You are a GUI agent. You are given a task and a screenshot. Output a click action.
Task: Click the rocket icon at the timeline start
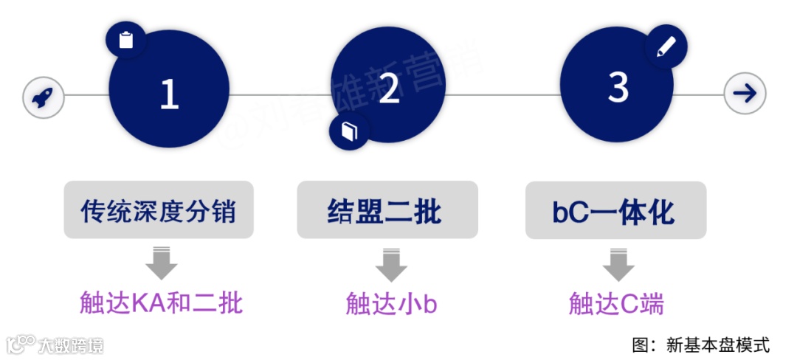44,96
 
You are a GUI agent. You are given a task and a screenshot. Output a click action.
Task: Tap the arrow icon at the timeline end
745,94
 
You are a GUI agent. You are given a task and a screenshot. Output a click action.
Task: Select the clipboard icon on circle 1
126,39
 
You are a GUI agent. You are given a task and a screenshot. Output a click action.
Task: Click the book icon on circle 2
349,131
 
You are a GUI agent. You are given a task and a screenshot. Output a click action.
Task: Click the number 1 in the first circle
170,94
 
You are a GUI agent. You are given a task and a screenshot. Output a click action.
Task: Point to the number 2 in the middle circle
389,89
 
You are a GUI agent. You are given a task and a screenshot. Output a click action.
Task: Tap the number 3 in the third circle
618,89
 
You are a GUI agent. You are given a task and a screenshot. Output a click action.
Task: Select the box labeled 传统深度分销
159,210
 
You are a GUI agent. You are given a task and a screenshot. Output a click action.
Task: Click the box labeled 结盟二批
387,210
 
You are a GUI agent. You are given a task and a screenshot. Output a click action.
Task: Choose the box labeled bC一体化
615,210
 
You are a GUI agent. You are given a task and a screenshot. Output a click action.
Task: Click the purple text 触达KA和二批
161,303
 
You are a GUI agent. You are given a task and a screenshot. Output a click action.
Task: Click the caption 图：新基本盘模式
700,344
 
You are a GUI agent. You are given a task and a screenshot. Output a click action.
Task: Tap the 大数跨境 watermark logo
55,345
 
